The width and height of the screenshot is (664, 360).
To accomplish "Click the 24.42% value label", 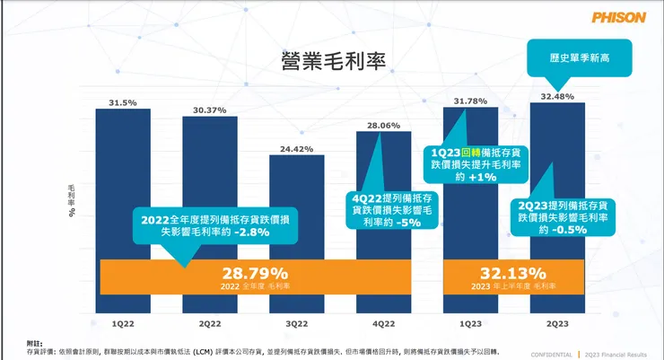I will coord(297,147).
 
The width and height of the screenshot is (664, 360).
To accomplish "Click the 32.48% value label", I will coord(558,96).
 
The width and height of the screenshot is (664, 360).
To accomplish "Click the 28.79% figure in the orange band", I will coord(256,272).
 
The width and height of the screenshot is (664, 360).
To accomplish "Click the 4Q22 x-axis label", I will coord(384,320).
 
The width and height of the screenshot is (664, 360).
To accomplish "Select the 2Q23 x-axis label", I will coord(558,320).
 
